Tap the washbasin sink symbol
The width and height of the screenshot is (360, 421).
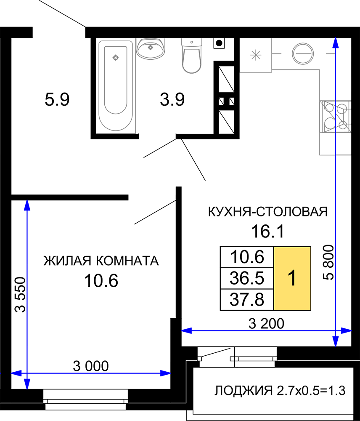click(x=151, y=48)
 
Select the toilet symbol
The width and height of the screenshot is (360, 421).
click(x=191, y=55)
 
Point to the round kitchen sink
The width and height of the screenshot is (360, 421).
click(x=302, y=53)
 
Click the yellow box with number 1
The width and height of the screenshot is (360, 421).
click(x=292, y=278)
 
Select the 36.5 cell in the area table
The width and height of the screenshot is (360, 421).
click(x=247, y=278)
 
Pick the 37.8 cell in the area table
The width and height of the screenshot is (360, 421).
click(x=247, y=300)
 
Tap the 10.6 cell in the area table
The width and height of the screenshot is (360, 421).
click(x=247, y=257)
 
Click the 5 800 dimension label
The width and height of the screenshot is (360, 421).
click(x=328, y=263)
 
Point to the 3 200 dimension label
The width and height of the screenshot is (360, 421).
click(x=266, y=323)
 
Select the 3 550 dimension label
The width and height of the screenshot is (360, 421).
click(x=20, y=295)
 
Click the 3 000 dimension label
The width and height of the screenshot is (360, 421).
click(x=91, y=366)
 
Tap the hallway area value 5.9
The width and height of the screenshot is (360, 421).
click(x=57, y=99)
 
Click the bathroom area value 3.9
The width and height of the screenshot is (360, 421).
click(x=172, y=99)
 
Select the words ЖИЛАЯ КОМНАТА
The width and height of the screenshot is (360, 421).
click(x=101, y=261)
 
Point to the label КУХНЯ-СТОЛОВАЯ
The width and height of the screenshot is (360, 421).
click(x=268, y=212)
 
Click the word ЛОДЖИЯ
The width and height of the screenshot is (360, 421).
click(x=244, y=391)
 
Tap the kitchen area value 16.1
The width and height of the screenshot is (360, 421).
click(x=267, y=232)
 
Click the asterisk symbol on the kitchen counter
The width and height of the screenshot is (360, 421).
click(x=256, y=55)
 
